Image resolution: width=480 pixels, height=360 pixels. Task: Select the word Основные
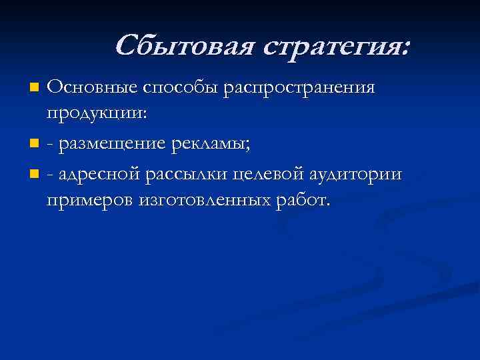tap(91, 88)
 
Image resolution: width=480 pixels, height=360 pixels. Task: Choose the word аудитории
tap(357, 175)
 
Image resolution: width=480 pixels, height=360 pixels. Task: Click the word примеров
tap(89, 201)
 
